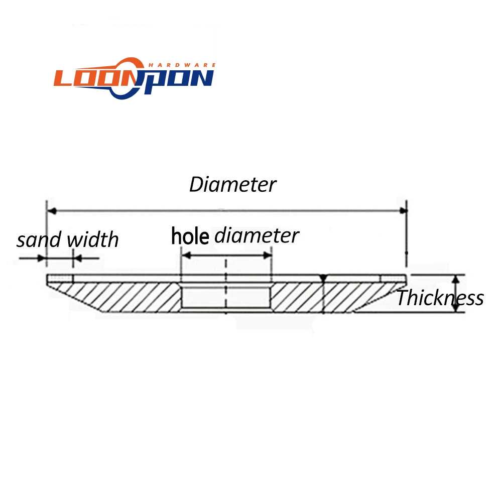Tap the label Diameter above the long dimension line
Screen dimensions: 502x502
[232, 185]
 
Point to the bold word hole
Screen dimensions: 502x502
[190, 235]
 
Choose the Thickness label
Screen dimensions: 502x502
[440, 298]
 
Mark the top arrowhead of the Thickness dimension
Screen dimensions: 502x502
[456, 279]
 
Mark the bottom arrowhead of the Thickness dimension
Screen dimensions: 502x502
[456, 308]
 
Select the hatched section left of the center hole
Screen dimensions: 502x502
[125, 296]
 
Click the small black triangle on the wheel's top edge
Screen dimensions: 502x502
[324, 278]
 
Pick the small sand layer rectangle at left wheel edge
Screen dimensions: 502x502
[59, 278]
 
